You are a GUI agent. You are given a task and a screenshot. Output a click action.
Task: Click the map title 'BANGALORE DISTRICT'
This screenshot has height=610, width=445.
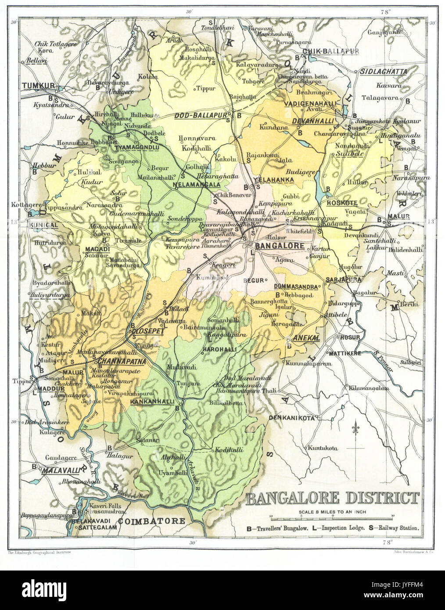click(x=332, y=499)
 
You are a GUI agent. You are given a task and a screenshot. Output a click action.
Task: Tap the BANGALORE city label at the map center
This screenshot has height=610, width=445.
click(x=277, y=246)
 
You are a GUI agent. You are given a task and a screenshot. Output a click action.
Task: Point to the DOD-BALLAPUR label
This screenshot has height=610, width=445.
click(x=203, y=115)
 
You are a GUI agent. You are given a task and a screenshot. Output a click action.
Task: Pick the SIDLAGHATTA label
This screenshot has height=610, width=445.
click(x=383, y=71)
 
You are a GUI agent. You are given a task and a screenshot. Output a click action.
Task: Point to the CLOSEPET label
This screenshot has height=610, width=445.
click(x=145, y=332)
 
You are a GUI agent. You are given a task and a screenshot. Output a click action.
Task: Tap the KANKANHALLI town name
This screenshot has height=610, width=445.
click(x=152, y=402)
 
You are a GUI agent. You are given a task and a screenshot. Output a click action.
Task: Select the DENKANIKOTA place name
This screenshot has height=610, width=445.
click(x=292, y=418)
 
